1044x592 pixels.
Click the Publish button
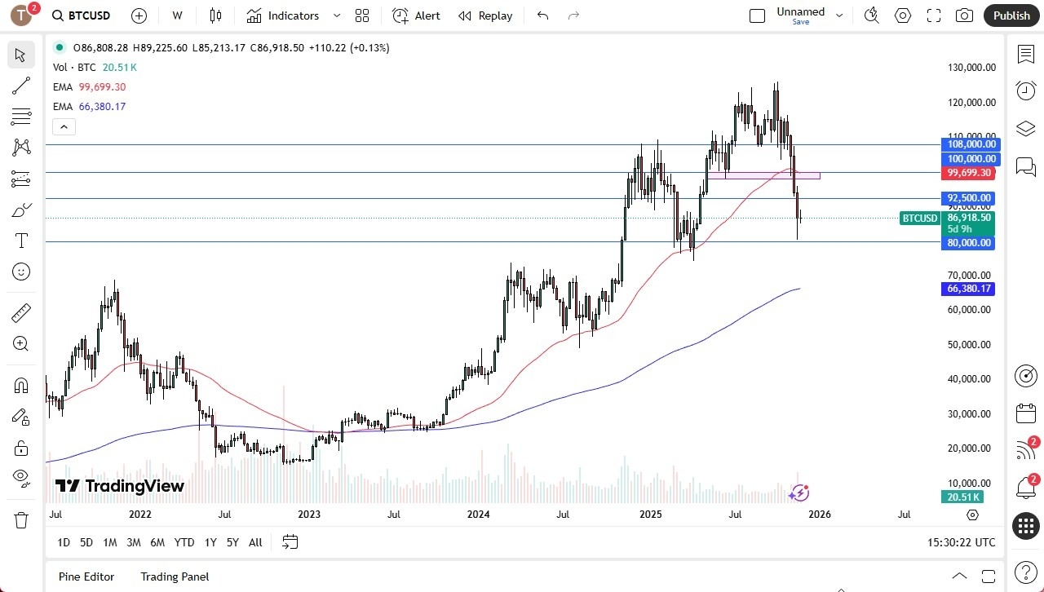point(1011,15)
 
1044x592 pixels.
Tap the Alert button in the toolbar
point(416,15)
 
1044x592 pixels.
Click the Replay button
point(485,15)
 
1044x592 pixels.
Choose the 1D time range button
point(64,542)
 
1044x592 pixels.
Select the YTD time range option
point(184,542)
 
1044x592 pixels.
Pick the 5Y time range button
point(232,542)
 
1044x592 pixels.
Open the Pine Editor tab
point(86,577)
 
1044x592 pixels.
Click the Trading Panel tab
point(175,577)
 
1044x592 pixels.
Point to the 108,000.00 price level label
point(968,144)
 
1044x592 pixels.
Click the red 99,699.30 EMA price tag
point(968,173)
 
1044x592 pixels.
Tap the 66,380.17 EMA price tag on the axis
point(968,289)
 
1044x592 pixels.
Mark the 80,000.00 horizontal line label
point(968,243)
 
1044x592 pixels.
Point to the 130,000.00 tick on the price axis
point(968,68)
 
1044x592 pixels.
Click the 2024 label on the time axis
point(478,515)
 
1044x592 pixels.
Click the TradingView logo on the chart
point(120,486)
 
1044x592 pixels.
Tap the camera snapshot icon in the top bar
point(964,15)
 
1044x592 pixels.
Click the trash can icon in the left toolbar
point(21,520)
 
